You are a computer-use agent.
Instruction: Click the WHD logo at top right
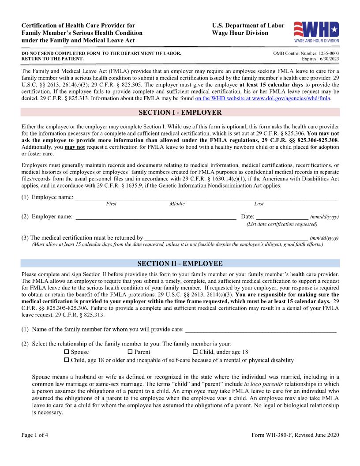click(x=316, y=32)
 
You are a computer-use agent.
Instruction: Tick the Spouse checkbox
click(x=67, y=352)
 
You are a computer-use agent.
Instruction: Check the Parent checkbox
click(x=130, y=352)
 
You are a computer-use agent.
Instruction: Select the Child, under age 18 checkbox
click(x=195, y=352)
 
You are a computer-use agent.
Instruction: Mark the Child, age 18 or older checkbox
click(x=67, y=360)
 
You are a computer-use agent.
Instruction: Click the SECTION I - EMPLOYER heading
click(x=180, y=113)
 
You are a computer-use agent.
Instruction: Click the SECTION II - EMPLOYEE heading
click(x=180, y=263)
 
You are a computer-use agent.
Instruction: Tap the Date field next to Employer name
click(x=282, y=216)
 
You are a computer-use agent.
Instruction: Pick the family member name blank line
click(x=261, y=329)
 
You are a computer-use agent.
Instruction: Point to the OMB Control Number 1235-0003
click(x=306, y=53)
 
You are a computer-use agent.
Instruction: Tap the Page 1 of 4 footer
click(x=35, y=435)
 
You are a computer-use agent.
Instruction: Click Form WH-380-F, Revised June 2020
click(x=295, y=435)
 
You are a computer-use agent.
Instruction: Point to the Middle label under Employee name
click(x=177, y=204)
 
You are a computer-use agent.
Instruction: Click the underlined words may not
click(x=75, y=147)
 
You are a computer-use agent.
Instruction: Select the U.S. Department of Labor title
click(x=248, y=26)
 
